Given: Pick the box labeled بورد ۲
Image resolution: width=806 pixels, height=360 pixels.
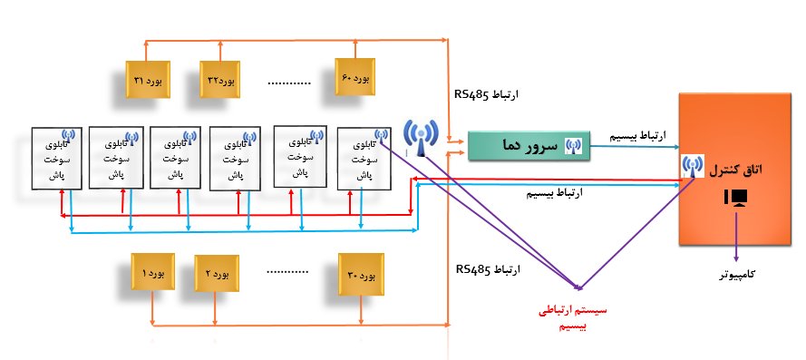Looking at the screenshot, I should tap(218, 273).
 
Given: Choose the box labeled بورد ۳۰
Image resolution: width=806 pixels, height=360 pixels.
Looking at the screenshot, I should tap(357, 273).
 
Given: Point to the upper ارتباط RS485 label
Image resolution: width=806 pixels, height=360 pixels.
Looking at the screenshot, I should tap(490, 93).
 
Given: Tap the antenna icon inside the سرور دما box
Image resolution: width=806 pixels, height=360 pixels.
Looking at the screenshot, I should tap(573, 145).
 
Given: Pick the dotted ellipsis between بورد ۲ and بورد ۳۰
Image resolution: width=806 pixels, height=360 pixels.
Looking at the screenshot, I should tap(289, 270).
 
